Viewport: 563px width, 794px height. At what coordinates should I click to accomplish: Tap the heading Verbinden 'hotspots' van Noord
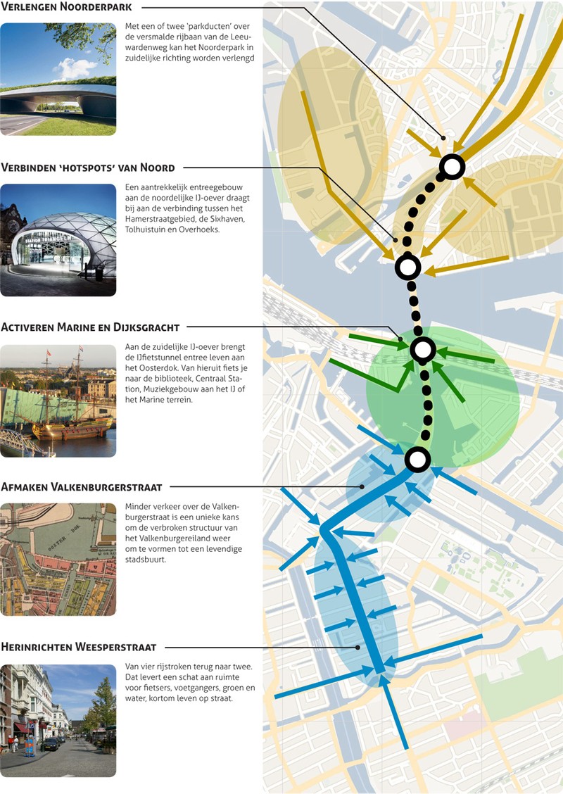click(88, 168)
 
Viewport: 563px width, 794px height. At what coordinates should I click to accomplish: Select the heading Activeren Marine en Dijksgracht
click(90, 327)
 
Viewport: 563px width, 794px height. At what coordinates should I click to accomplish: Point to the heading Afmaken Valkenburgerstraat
click(82, 487)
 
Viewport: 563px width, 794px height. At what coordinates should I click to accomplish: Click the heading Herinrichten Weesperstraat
click(79, 647)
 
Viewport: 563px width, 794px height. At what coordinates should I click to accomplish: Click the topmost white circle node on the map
click(453, 167)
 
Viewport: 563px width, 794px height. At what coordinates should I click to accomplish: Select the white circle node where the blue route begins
click(417, 460)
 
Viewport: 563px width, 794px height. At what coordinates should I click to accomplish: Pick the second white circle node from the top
click(408, 267)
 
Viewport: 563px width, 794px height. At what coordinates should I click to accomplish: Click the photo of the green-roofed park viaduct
click(58, 79)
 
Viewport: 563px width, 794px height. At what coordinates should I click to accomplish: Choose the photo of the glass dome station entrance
click(58, 239)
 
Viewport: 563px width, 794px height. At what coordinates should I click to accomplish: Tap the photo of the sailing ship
click(58, 400)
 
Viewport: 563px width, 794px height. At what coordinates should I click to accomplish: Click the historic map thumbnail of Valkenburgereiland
click(58, 560)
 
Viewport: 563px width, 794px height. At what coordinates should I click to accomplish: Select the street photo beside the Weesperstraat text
click(58, 720)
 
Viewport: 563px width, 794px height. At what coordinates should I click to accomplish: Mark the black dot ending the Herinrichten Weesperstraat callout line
click(358, 647)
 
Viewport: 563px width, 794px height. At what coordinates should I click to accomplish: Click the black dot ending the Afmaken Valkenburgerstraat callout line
click(362, 486)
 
